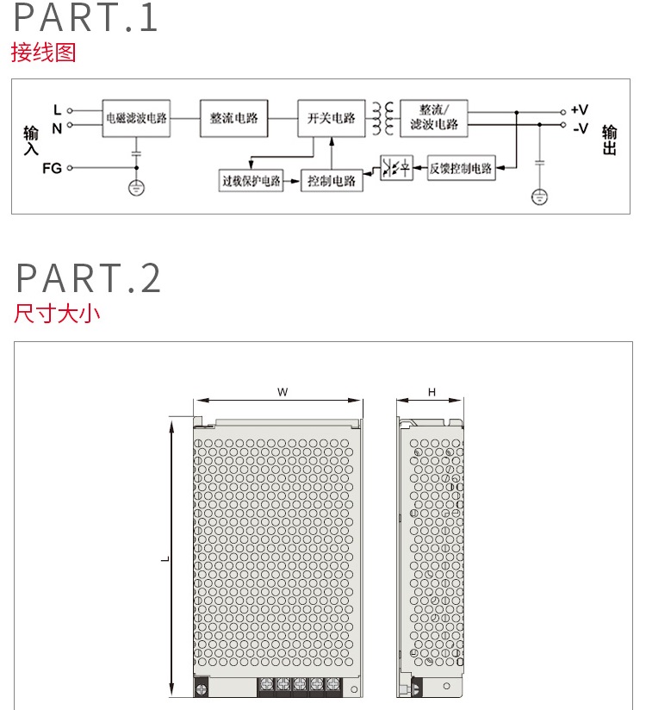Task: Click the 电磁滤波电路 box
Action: coord(136,117)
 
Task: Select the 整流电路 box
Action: coord(233,117)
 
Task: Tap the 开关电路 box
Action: coord(331,117)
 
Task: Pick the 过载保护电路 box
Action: coord(252,181)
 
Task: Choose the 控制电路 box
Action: coord(332,181)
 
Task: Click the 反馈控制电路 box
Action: coord(461,168)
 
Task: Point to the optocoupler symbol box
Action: coord(396,168)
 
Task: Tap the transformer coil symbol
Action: coord(382,118)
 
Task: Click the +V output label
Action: coord(580,110)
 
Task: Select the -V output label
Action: coord(580,128)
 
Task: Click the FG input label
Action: coord(53,168)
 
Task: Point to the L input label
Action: coord(58,109)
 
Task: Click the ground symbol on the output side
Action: coord(539,197)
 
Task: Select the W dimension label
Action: coord(282,392)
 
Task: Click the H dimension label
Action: coord(432,392)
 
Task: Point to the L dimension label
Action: coord(165,558)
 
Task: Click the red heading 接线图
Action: coord(44,53)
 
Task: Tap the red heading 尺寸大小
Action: coord(57,312)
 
